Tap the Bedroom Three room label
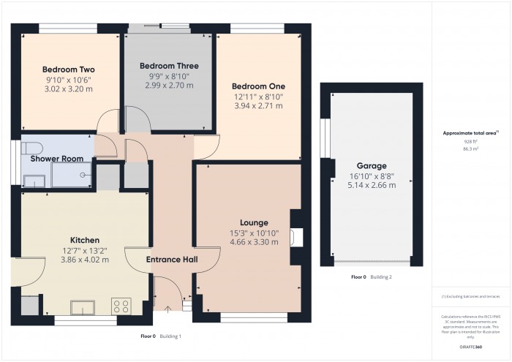coord(169,66)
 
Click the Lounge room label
coord(254,222)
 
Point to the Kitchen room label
coord(84,240)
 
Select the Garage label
coord(372,166)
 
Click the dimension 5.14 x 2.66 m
coord(372,185)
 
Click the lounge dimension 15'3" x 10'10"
coord(254,233)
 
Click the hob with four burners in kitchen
coord(120,306)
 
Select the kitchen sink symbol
coord(80,306)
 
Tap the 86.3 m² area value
coord(470,148)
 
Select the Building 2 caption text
coord(380,277)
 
